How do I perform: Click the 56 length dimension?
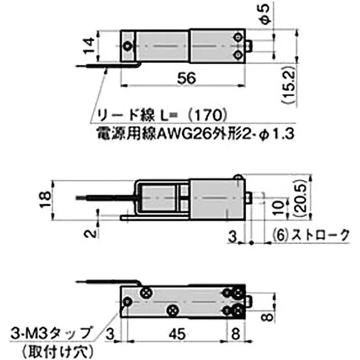[x=186, y=78]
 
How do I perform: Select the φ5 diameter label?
[x=265, y=13]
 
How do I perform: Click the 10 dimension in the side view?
[x=279, y=207]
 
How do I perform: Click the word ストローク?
[x=320, y=234]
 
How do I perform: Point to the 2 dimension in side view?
[x=90, y=233]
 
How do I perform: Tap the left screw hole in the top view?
[x=129, y=45]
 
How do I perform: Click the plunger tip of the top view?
[x=250, y=45]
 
